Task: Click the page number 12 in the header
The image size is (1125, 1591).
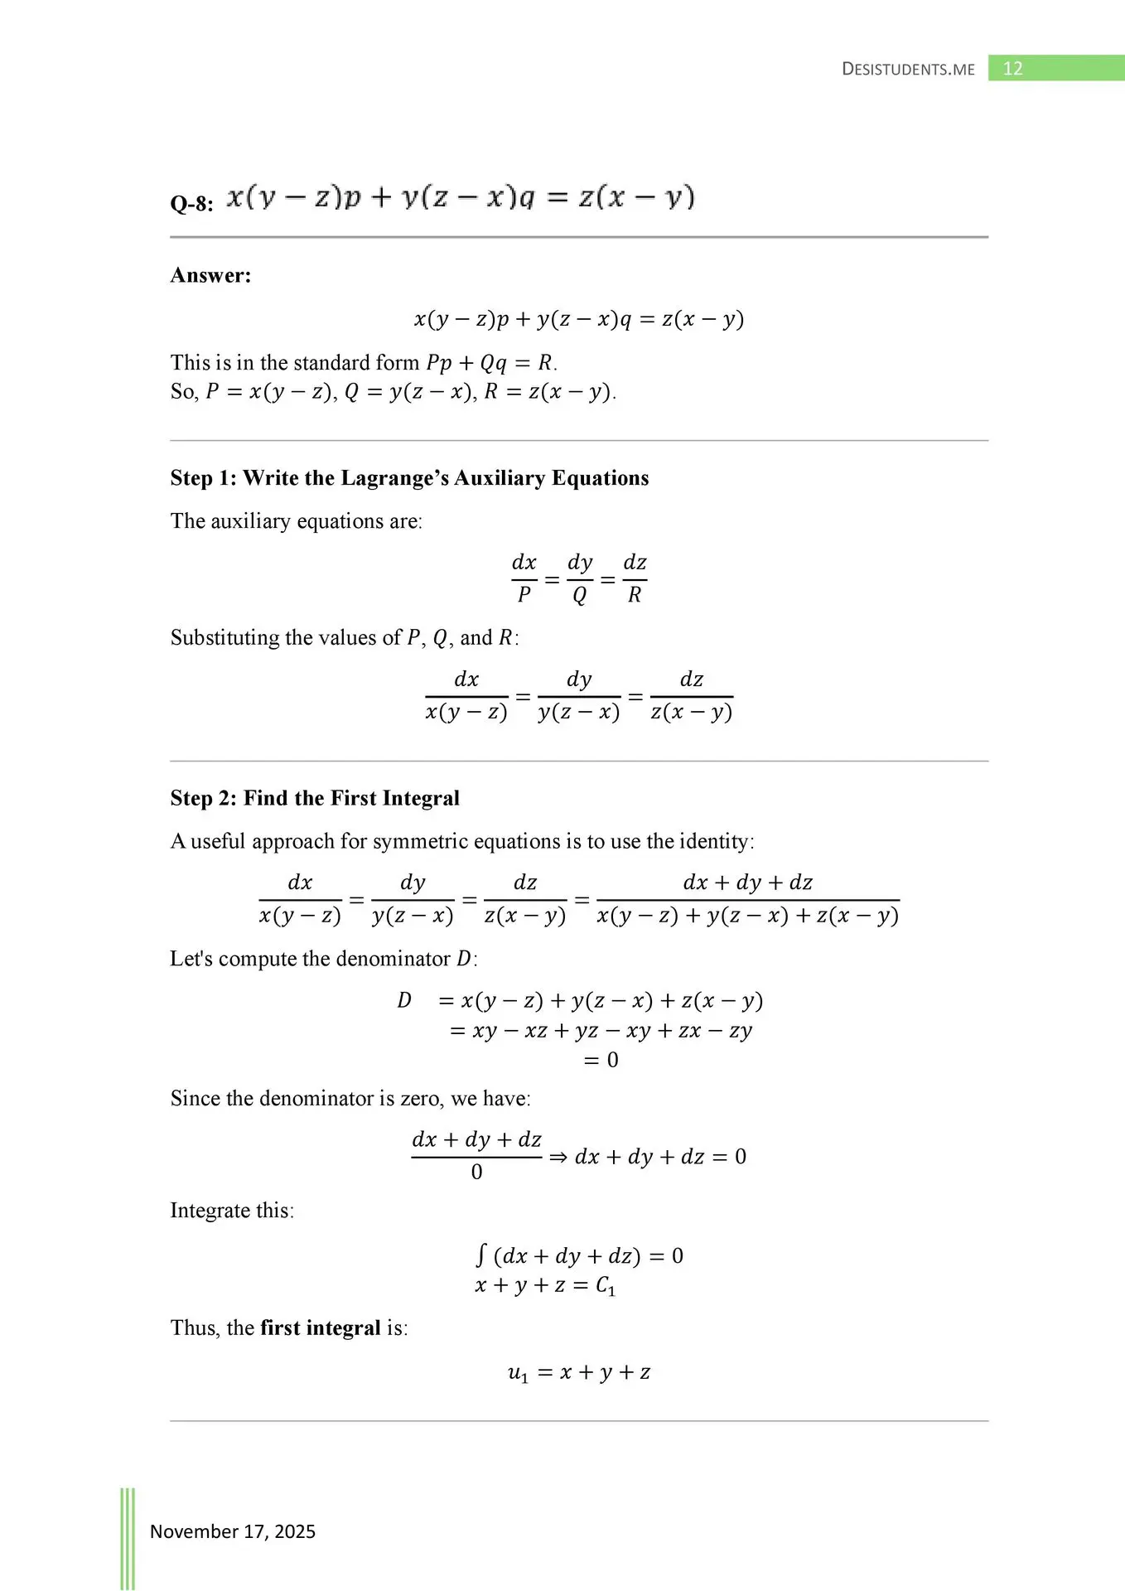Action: pos(1012,69)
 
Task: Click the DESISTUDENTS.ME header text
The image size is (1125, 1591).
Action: pos(908,70)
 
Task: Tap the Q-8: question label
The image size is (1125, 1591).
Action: pos(191,204)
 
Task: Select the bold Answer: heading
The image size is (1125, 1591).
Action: pos(210,275)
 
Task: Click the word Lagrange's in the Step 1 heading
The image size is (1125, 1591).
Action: pos(394,478)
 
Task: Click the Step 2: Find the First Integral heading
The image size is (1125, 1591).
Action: pos(315,798)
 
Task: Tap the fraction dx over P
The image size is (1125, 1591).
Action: pos(524,578)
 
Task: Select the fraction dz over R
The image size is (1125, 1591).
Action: pos(635,578)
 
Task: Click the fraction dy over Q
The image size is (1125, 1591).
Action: pos(580,578)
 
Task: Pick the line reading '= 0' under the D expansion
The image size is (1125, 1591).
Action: pos(601,1061)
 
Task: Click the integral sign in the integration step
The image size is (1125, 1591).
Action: pos(480,1255)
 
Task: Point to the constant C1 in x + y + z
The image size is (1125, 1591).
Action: pos(606,1287)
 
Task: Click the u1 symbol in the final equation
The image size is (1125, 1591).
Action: pos(518,1373)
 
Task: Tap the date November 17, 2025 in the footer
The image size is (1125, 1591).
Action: pos(232,1531)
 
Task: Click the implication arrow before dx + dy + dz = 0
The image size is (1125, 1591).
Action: pos(558,1157)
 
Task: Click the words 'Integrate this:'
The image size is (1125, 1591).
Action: pos(232,1211)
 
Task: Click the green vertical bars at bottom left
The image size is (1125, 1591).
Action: pos(128,1538)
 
